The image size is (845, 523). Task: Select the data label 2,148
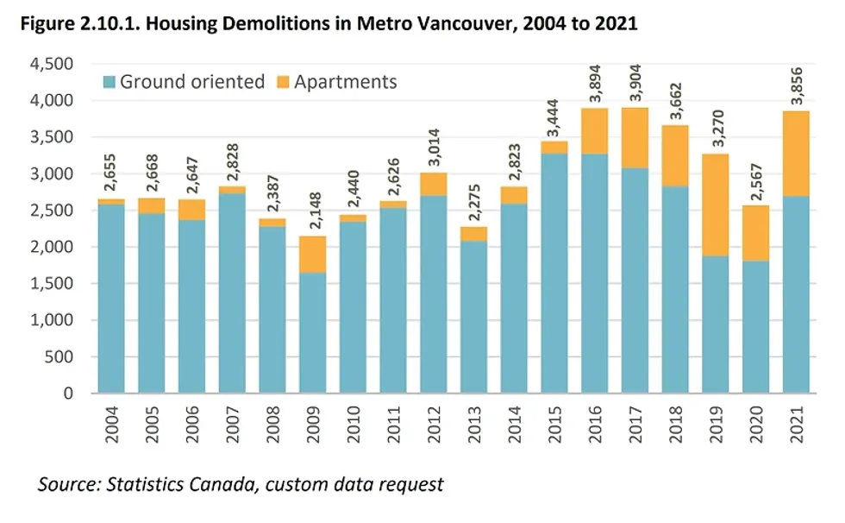coord(314,212)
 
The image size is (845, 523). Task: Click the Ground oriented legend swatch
coord(110,82)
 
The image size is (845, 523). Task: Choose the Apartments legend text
coord(346,82)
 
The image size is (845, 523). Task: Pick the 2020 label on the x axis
coord(756,424)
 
